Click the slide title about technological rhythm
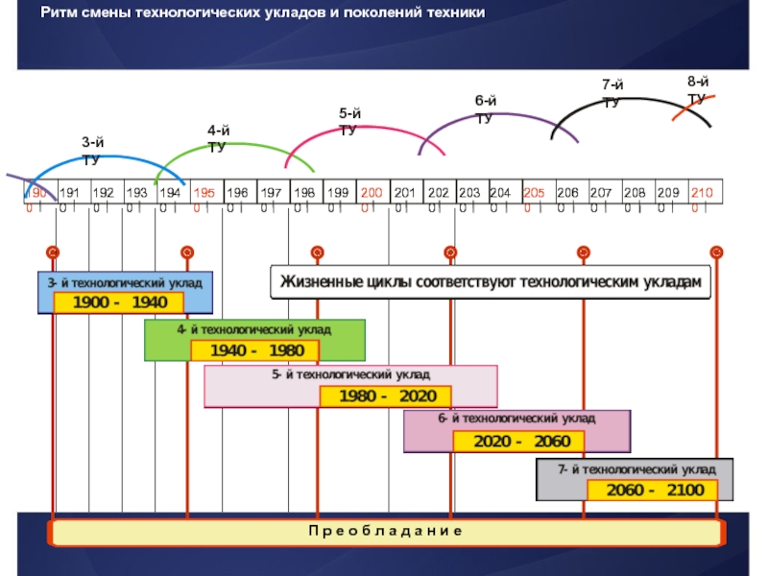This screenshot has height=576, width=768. pyautogui.click(x=264, y=13)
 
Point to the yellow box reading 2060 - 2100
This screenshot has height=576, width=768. pyautogui.click(x=652, y=490)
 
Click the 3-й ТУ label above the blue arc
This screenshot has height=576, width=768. pyautogui.click(x=93, y=152)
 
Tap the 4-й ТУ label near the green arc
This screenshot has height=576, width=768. pyautogui.click(x=219, y=138)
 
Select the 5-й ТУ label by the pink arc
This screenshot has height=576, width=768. pyautogui.click(x=349, y=122)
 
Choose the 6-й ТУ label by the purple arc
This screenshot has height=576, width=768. pyautogui.click(x=486, y=108)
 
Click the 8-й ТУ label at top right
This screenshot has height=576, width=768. pyautogui.click(x=698, y=89)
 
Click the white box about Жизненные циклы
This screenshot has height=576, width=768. pyautogui.click(x=491, y=282)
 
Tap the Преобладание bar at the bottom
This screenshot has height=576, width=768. pyautogui.click(x=385, y=532)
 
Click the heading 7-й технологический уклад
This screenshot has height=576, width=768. pyautogui.click(x=636, y=470)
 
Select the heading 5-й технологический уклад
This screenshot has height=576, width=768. pyautogui.click(x=350, y=373)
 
